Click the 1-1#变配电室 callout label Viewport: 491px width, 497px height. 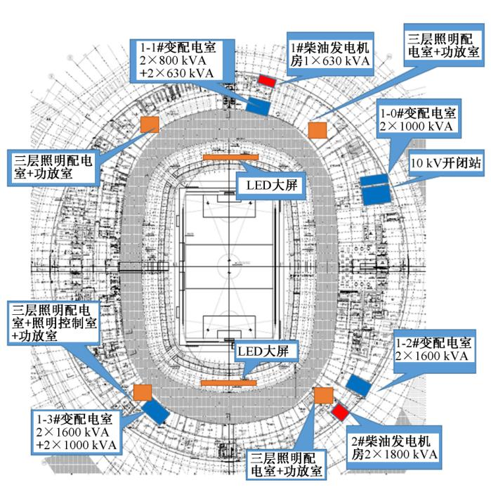pyautogui.click(x=178, y=60)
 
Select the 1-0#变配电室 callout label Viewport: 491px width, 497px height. pyautogui.click(x=418, y=121)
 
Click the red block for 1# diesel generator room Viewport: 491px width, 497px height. pyautogui.click(x=267, y=80)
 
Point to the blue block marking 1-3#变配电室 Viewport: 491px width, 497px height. pyautogui.click(x=155, y=411)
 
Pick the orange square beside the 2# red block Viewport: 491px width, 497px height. pyautogui.click(x=323, y=395)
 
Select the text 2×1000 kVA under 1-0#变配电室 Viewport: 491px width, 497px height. pyautogui.click(x=418, y=129)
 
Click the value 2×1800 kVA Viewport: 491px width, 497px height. pyautogui.click(x=397, y=455)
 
